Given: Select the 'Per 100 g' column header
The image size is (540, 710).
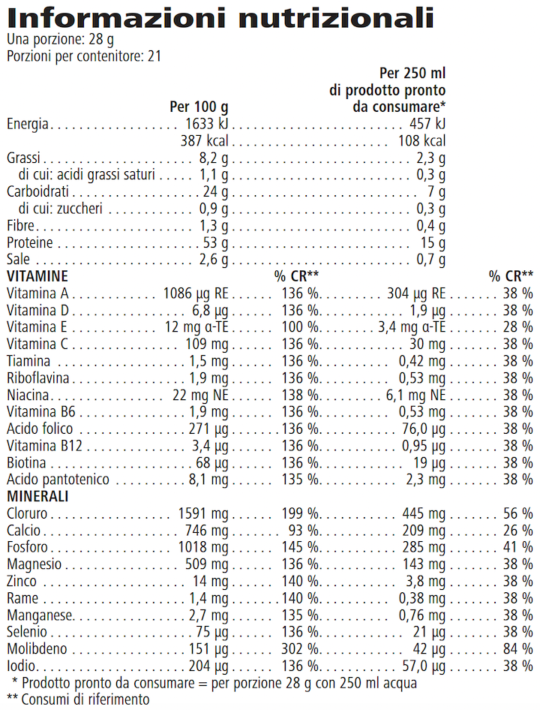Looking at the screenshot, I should click(199, 107).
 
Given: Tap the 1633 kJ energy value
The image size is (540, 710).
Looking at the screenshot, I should click(206, 124).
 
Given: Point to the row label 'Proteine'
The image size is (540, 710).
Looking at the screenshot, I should click(30, 243).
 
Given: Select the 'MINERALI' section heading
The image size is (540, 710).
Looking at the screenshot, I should click(37, 496).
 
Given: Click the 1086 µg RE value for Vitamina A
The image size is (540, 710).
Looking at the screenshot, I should click(196, 293).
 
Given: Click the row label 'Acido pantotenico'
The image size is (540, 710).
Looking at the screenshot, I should click(58, 480).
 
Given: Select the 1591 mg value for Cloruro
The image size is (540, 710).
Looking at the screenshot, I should click(202, 513).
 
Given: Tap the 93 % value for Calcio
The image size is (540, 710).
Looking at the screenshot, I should click(303, 531).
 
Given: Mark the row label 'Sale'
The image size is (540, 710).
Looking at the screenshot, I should click(19, 260).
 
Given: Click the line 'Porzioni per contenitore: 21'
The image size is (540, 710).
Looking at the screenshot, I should click(83, 56).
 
